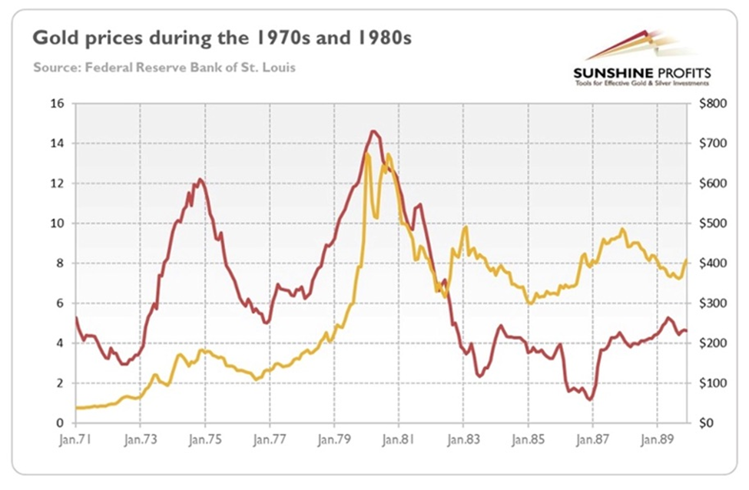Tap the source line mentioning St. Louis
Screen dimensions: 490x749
[164, 68]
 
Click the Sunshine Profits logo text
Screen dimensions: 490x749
[642, 73]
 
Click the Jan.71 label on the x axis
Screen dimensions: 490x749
[75, 442]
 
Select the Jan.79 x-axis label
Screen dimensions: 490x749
[333, 442]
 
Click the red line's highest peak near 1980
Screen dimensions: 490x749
[373, 131]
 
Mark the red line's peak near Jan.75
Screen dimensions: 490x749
[200, 180]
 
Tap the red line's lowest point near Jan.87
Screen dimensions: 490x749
[590, 399]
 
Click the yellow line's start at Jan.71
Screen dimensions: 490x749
[77, 407]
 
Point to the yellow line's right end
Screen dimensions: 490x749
[686, 260]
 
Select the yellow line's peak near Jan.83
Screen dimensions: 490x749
[466, 227]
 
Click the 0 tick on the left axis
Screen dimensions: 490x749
[60, 423]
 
